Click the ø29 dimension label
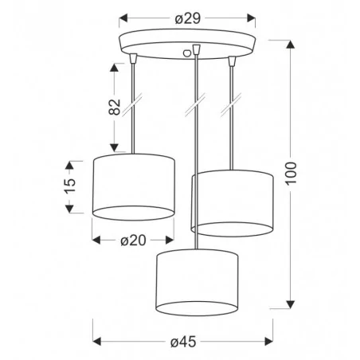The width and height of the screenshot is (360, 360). click(x=187, y=17)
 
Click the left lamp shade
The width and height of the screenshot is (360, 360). click(x=134, y=186)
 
